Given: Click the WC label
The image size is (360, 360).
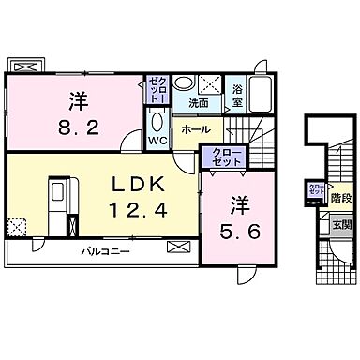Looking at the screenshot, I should tap(157, 141).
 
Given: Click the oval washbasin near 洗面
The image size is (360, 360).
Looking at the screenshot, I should tap(186, 82).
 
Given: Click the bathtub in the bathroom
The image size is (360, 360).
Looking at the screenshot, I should tap(260, 93).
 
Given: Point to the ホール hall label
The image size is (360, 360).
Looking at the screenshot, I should tap(195, 128).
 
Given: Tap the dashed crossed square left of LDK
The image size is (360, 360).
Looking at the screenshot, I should tap(16, 227).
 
